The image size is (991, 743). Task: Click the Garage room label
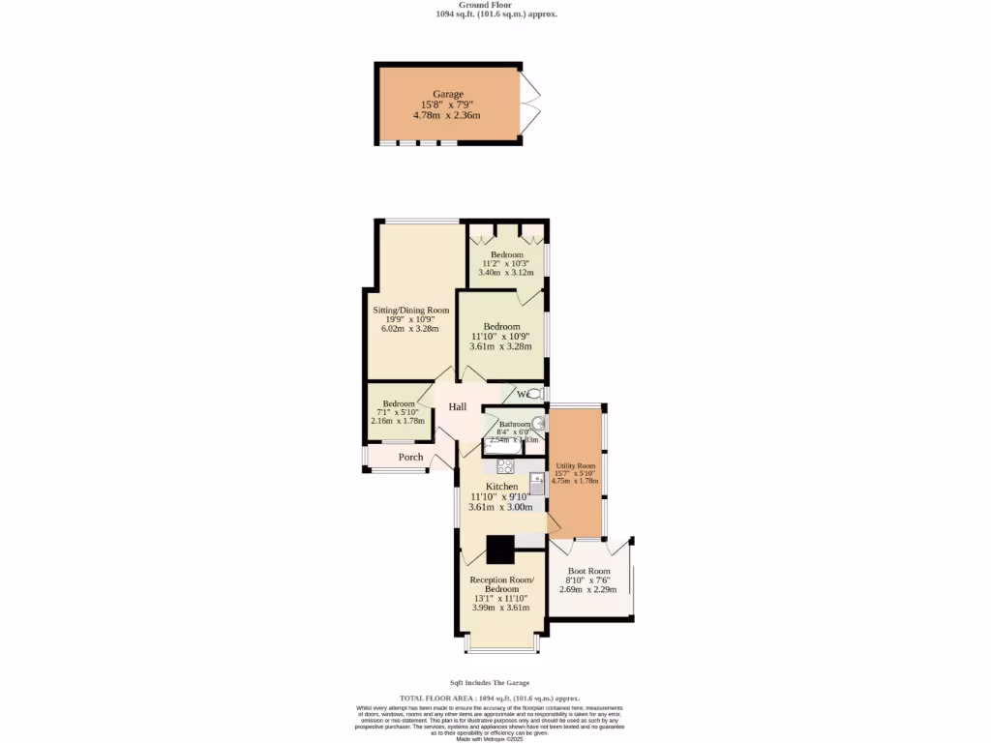448,94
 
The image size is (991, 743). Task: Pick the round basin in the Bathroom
538,423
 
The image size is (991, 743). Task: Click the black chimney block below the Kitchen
500,550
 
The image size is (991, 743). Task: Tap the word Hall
458,407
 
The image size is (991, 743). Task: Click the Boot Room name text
589,571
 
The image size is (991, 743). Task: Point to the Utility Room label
574,465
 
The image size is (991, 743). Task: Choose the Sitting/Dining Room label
411,311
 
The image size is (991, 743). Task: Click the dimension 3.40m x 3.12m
506,273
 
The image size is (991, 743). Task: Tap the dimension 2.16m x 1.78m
398,421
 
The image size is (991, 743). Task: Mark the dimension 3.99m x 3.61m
501,608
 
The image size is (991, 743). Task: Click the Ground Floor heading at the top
495,5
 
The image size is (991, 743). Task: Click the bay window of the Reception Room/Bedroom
500,643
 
